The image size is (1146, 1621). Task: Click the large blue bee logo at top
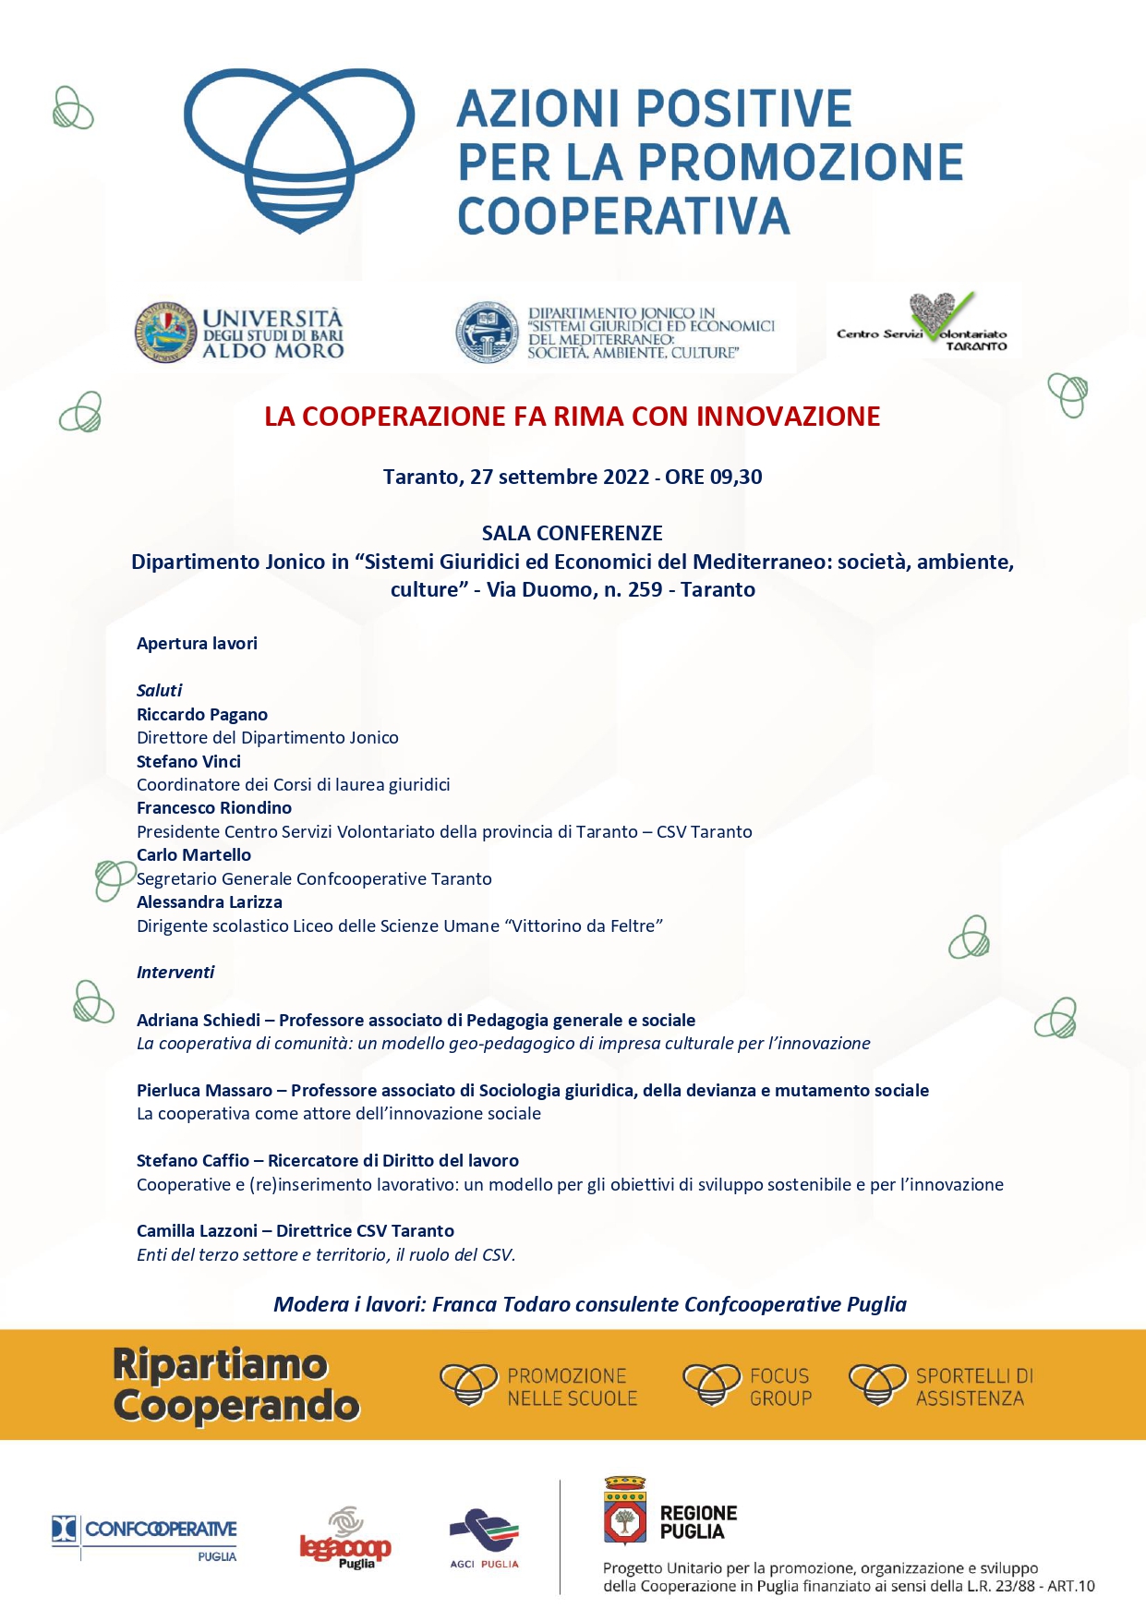pyautogui.click(x=298, y=148)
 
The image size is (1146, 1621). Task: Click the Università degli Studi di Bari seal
pyautogui.click(x=166, y=333)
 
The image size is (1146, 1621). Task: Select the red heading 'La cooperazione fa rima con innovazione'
pyautogui.click(x=572, y=417)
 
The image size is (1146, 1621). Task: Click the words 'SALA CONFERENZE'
pyautogui.click(x=572, y=533)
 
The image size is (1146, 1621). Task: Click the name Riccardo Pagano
pyautogui.click(x=202, y=715)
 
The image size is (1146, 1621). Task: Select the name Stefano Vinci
pyautogui.click(x=188, y=762)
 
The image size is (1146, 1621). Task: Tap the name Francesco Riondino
pyautogui.click(x=214, y=808)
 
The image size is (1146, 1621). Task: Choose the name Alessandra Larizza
pyautogui.click(x=210, y=902)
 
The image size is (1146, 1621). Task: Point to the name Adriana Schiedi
pyautogui.click(x=199, y=1021)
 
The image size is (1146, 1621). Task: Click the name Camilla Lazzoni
pyautogui.click(x=197, y=1231)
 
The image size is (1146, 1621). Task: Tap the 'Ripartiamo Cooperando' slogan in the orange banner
pyautogui.click(x=235, y=1385)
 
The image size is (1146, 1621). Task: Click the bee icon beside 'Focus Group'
pyautogui.click(x=711, y=1385)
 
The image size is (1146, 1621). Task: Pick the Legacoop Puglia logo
pyautogui.click(x=344, y=1539)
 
